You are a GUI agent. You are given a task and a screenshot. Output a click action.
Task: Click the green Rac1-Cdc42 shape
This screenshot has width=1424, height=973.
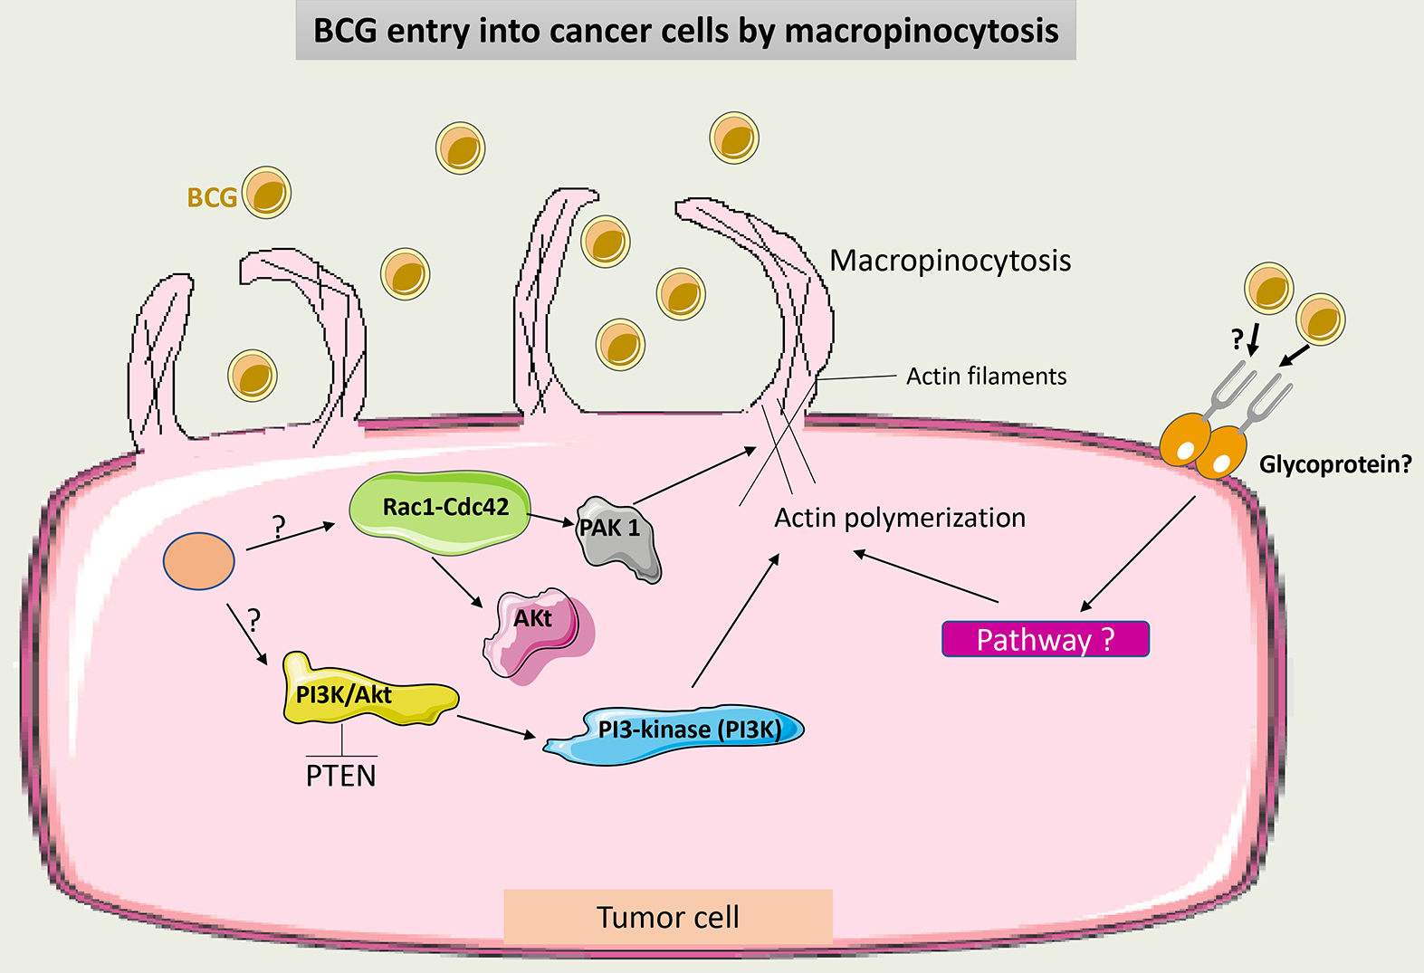click(440, 511)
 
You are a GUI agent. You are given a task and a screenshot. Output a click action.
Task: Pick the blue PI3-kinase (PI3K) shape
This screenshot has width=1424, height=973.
click(679, 731)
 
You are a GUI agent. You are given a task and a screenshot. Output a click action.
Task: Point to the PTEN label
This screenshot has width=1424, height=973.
click(340, 776)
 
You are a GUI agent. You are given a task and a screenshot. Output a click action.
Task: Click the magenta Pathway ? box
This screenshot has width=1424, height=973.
click(1045, 639)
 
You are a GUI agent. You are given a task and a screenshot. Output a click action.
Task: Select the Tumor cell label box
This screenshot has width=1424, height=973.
click(667, 917)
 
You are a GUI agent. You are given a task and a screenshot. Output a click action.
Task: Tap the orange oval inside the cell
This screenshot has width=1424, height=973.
click(198, 561)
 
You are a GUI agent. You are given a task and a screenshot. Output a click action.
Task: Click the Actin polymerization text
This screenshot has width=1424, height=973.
click(900, 518)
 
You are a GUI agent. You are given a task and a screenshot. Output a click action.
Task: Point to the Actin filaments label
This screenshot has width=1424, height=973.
click(986, 376)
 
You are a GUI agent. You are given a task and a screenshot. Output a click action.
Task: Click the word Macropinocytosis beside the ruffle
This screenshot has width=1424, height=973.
click(950, 261)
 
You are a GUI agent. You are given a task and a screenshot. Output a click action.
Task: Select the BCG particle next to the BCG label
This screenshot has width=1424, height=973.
click(266, 193)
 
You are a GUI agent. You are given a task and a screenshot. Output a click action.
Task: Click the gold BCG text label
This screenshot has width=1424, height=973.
click(212, 197)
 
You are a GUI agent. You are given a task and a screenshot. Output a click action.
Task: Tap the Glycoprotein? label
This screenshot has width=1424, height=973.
click(1334, 464)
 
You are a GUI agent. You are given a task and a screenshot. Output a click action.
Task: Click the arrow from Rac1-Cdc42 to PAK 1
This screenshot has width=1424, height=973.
click(550, 520)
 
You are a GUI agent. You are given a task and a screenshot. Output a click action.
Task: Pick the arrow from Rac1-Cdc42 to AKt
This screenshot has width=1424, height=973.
click(457, 584)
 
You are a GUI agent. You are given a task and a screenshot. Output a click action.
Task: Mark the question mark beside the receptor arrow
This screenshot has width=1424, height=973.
click(1238, 340)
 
